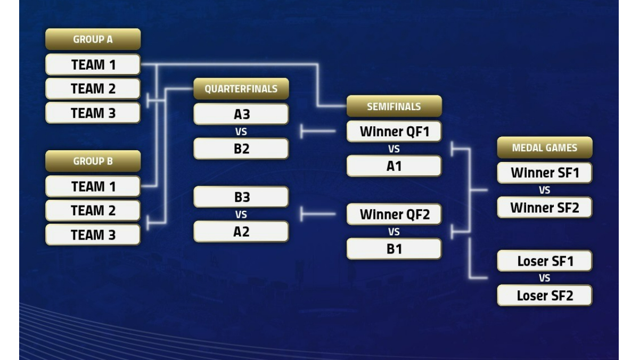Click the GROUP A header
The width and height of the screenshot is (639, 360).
pos(93,39)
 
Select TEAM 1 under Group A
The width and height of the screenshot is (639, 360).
pos(93,64)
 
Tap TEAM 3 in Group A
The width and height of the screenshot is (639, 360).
pos(93,113)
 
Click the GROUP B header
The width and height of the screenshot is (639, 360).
pos(93,161)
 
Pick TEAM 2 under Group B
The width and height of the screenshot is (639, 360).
pos(93,210)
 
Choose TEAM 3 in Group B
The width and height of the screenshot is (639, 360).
pos(93,235)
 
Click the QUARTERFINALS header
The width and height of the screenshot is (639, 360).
pos(241,89)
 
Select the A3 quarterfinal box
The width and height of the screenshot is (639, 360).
pos(241,114)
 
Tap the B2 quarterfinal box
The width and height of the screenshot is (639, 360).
pos(241,149)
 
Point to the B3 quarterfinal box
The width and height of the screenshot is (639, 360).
pos(241,197)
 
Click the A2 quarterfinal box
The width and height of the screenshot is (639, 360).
pos(241,231)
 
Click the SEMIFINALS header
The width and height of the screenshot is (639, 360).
pos(394,106)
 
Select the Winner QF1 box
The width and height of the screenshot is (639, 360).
pos(394,132)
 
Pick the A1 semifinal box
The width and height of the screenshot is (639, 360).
pos(394,166)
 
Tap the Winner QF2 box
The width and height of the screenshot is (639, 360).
pos(394,214)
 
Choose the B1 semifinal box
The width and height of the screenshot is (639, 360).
pos(394,249)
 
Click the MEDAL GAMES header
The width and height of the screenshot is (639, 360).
pos(545,148)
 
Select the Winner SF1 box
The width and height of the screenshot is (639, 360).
pos(545,173)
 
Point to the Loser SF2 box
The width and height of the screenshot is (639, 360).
pos(545,295)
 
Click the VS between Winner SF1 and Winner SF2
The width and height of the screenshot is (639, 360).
pos(545,190)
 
